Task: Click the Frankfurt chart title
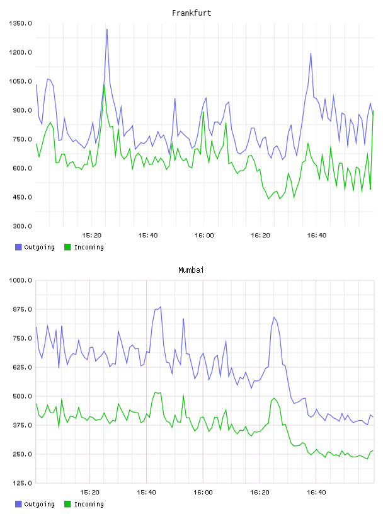191,13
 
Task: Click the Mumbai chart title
191,270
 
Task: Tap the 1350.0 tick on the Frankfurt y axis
20,23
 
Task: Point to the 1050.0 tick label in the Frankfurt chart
20,81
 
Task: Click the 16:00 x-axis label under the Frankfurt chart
204,236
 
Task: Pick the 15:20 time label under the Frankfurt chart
91,236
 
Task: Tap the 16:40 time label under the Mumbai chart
316,493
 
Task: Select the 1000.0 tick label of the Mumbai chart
20,280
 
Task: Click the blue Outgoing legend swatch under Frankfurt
18,247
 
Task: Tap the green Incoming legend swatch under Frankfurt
67,247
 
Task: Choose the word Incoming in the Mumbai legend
89,504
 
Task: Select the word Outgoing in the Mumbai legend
39,504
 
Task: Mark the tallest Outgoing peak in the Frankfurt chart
107,30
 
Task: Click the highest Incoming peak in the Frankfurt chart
104,84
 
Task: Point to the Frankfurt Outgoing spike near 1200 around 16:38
311,54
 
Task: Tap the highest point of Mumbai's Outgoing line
161,307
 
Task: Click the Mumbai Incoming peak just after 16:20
274,398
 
